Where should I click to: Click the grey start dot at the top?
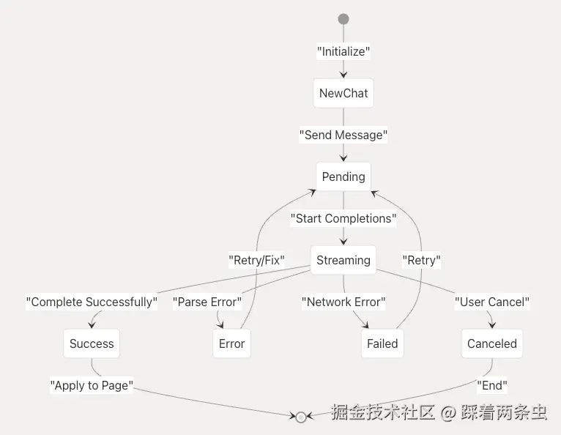point(343,19)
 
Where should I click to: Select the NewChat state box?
point(343,93)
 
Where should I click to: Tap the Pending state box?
point(343,176)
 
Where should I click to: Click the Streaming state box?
point(343,260)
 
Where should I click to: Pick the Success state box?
point(92,343)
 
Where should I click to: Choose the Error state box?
point(231,343)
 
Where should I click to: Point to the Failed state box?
point(382,343)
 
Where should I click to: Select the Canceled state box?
point(492,343)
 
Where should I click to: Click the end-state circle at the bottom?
point(300,417)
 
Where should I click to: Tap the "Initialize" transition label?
point(343,51)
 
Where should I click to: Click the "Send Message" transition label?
point(343,135)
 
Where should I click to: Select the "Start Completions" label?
point(343,218)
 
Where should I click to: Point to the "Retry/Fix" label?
point(256,259)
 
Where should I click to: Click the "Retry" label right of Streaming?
point(422,259)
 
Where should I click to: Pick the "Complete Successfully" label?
point(92,302)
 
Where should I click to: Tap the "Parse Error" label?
point(207,302)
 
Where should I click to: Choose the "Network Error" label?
point(343,302)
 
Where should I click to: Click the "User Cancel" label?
point(492,302)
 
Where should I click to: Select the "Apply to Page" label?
point(92,385)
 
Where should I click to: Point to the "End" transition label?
point(492,385)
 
